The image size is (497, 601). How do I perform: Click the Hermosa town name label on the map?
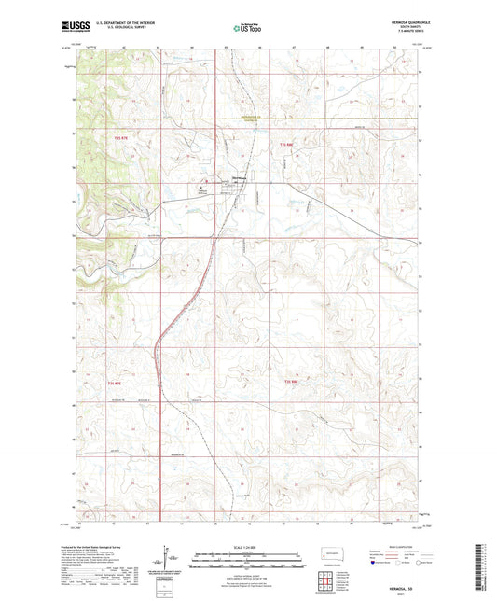(x=239, y=179)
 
